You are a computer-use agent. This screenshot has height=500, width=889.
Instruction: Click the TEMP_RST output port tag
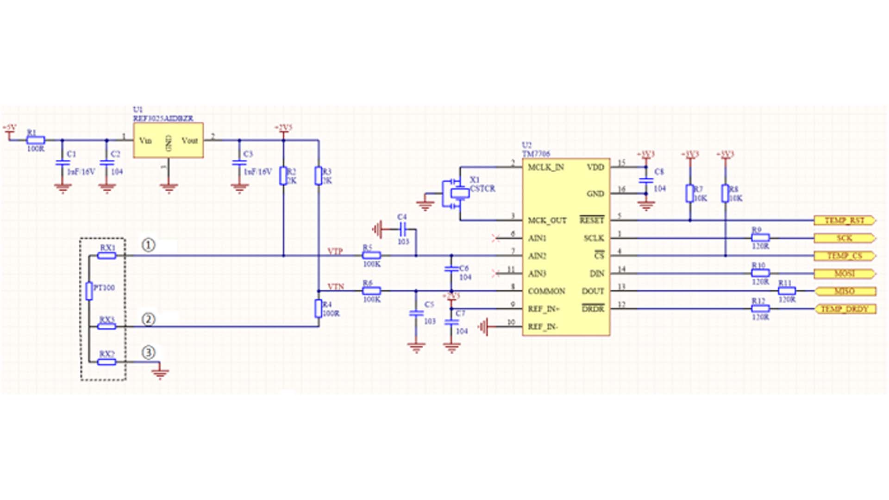(x=844, y=220)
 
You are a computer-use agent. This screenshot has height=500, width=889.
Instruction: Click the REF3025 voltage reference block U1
(x=168, y=140)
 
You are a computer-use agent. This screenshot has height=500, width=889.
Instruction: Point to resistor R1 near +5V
(x=36, y=140)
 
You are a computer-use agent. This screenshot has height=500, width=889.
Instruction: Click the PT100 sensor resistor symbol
(x=89, y=290)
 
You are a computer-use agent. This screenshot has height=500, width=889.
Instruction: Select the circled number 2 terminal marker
(x=148, y=319)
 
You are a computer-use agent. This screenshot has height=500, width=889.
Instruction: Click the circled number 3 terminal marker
(x=148, y=353)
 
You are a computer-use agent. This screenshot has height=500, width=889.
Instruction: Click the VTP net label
(x=335, y=251)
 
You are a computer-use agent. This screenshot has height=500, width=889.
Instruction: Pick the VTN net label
(x=336, y=287)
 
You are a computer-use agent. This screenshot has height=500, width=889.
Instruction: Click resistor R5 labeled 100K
(x=371, y=255)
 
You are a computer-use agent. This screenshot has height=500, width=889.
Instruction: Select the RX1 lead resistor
(x=107, y=255)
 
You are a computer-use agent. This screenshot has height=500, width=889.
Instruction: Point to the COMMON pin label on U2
(x=546, y=291)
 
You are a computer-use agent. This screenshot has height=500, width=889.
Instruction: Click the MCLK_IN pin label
(x=546, y=167)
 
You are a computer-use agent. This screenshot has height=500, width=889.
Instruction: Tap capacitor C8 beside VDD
(x=646, y=180)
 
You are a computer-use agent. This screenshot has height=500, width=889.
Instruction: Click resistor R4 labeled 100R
(x=319, y=308)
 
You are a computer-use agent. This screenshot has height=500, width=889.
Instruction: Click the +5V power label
(x=9, y=127)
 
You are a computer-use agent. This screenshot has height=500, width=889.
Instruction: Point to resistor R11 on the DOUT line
(x=787, y=291)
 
